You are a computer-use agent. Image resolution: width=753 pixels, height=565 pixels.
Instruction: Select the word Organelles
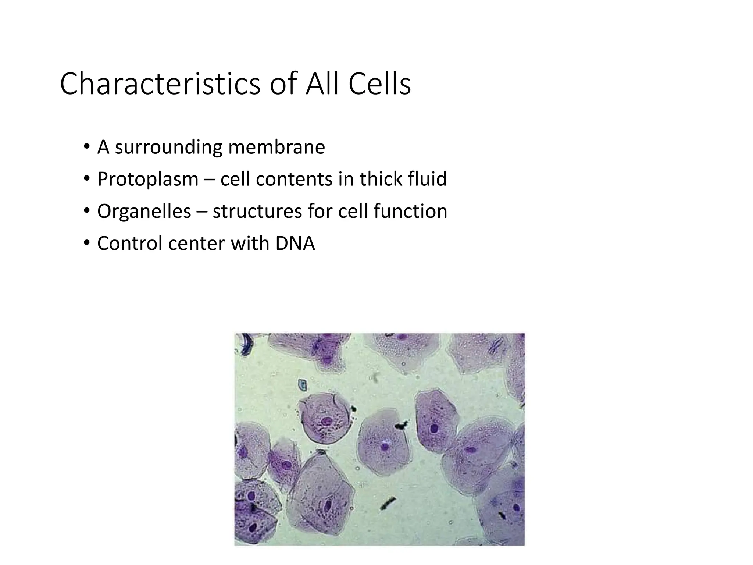coord(144,211)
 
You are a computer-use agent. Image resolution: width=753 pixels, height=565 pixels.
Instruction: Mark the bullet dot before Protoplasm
coord(86,179)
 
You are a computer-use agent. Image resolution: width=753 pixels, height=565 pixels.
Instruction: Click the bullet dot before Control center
coord(86,243)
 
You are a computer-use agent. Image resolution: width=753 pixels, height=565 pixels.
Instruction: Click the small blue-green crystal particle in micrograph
coord(302,385)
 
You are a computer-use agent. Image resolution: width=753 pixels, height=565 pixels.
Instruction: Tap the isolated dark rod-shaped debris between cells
coord(388,503)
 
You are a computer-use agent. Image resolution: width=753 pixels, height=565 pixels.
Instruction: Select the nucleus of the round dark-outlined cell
coord(326,421)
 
